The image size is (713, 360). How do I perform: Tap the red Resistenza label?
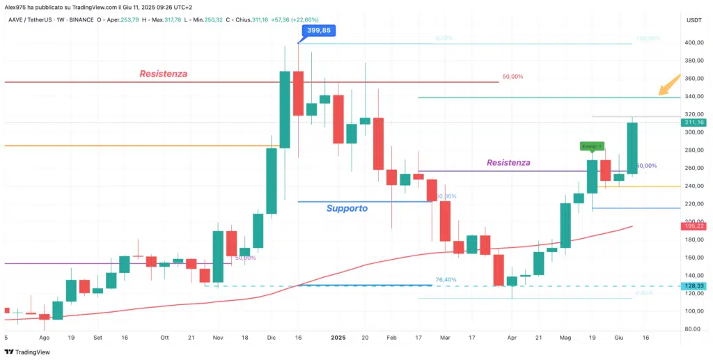pyautogui.click(x=163, y=73)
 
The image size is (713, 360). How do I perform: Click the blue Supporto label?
pyautogui.click(x=347, y=208)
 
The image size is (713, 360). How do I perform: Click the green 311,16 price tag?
pyautogui.click(x=694, y=122)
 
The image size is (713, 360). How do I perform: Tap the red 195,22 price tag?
pyautogui.click(x=694, y=226)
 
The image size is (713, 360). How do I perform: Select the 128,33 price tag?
pyautogui.click(x=694, y=286)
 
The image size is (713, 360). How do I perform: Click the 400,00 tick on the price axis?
pyautogui.click(x=694, y=42)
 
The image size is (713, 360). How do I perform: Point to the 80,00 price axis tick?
pyautogui.click(x=692, y=329)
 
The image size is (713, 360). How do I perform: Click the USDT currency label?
pyautogui.click(x=694, y=20)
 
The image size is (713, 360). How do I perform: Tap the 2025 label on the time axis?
pyautogui.click(x=338, y=337)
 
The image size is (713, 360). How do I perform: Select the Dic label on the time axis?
pyautogui.click(x=272, y=337)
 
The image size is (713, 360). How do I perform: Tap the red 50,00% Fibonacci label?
pyautogui.click(x=512, y=77)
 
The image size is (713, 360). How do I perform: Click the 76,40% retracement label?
pyautogui.click(x=446, y=279)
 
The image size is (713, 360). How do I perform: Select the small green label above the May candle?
pyautogui.click(x=592, y=146)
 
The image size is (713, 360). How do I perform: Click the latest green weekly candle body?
pyautogui.click(x=632, y=148)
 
